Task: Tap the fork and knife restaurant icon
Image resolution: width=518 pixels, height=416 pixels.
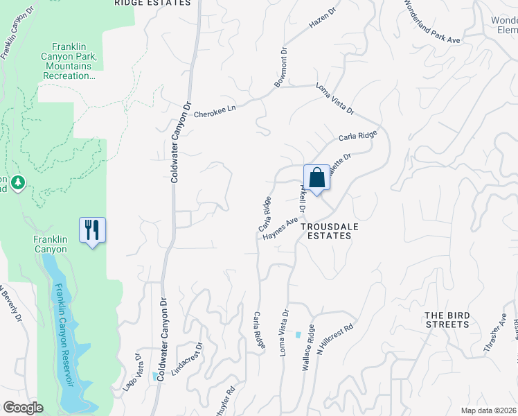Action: [x=93, y=229]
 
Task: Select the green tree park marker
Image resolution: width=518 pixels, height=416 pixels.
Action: [x=18, y=183]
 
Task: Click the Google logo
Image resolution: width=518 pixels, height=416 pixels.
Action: [x=23, y=408]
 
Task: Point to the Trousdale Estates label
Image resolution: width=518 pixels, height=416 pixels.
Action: [x=325, y=231]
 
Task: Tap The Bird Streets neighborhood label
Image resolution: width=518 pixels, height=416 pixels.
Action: [x=447, y=320]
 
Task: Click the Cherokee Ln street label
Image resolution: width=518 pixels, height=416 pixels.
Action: [x=215, y=110]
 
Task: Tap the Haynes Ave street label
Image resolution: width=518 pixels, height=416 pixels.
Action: [x=280, y=229]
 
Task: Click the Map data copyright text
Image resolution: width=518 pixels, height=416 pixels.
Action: [x=488, y=410]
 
